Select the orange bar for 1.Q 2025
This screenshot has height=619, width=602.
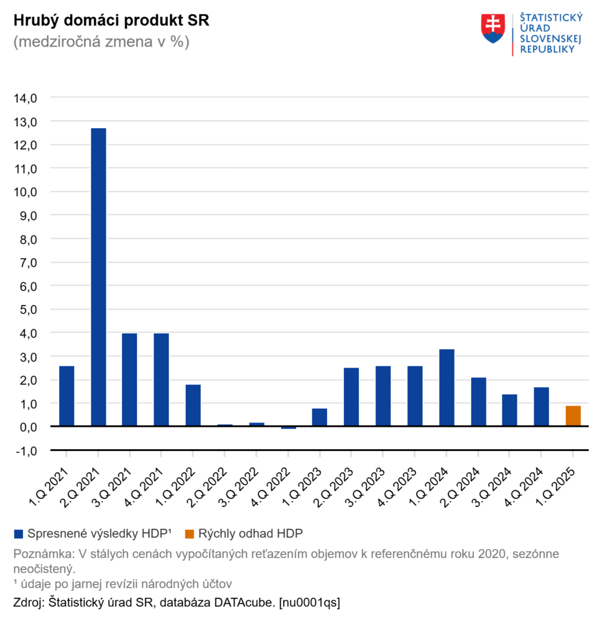[x=573, y=416]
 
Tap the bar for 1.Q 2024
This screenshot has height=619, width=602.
[x=447, y=387]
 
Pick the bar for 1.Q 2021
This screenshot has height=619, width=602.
[x=66, y=396]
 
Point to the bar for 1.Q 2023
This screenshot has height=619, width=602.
[x=320, y=417]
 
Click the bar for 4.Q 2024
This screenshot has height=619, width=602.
[x=542, y=407]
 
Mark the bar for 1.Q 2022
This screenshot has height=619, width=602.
[x=193, y=406]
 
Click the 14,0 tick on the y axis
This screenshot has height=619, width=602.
[x=25, y=98]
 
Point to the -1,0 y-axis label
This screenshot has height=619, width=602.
[x=25, y=450]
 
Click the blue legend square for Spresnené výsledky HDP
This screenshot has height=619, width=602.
[x=18, y=533]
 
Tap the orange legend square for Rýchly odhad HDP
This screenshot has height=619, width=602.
[x=189, y=533]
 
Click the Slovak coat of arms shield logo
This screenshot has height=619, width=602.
[x=493, y=28]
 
